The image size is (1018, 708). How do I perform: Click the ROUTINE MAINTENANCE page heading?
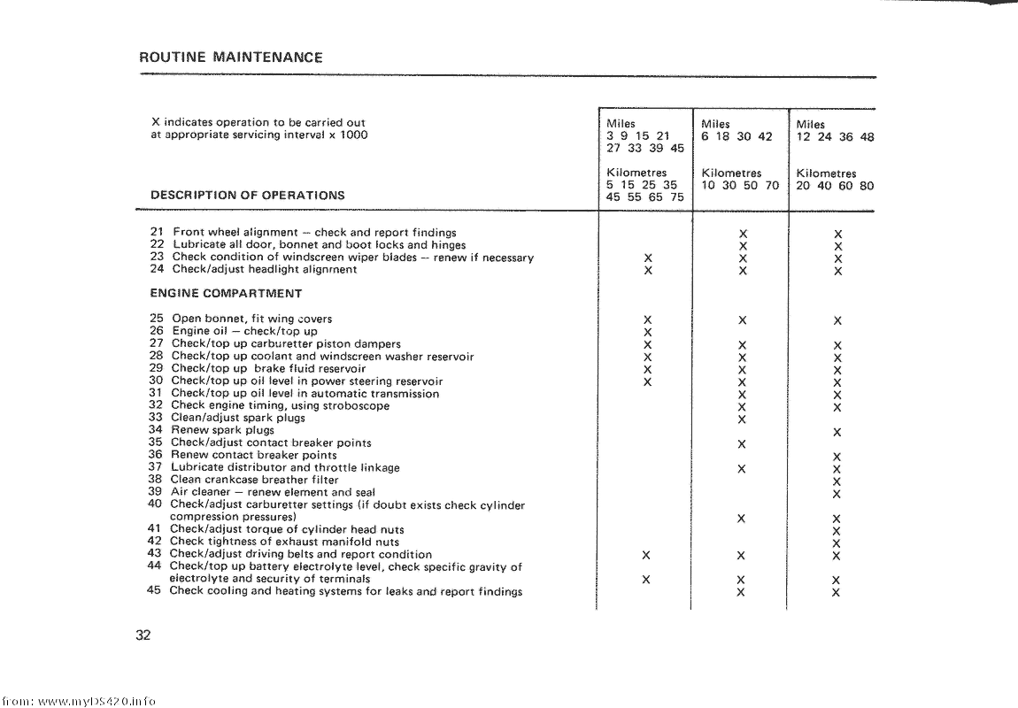[231, 58]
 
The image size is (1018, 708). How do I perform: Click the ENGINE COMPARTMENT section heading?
[226, 294]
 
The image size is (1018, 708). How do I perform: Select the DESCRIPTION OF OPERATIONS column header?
[248, 196]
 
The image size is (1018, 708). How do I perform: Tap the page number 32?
[144, 635]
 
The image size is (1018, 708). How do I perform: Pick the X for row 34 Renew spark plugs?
[837, 432]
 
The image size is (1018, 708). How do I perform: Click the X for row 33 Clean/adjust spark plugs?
[742, 419]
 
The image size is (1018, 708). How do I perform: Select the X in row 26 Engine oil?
[648, 333]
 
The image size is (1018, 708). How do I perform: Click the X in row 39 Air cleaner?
[837, 494]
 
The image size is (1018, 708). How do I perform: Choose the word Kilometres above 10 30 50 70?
[731, 173]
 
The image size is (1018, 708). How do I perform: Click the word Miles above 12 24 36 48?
[810, 125]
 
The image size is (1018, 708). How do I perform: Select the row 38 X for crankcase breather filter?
[837, 481]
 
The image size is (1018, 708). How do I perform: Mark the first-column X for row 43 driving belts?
[647, 556]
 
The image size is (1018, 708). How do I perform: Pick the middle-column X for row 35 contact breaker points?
[742, 443]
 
